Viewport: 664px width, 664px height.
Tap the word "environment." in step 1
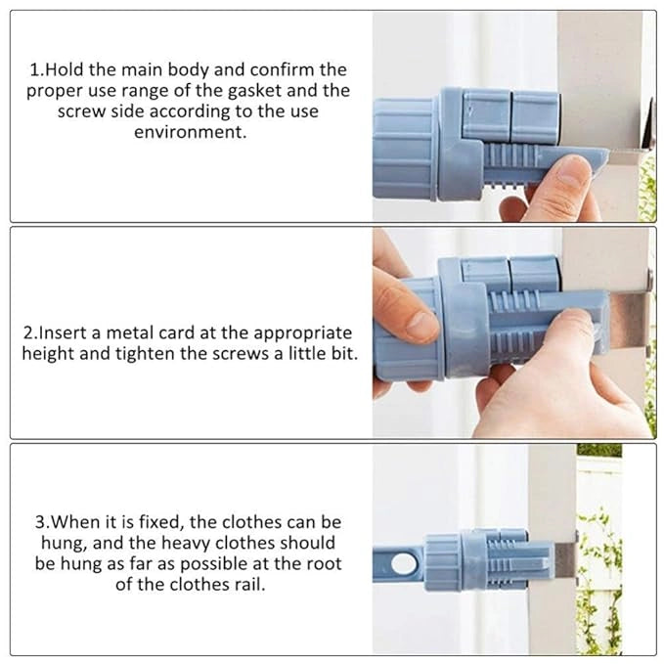pos(191,131)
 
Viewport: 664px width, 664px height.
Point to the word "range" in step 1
pos(164,91)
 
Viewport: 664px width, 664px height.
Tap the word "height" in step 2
pos(51,353)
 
